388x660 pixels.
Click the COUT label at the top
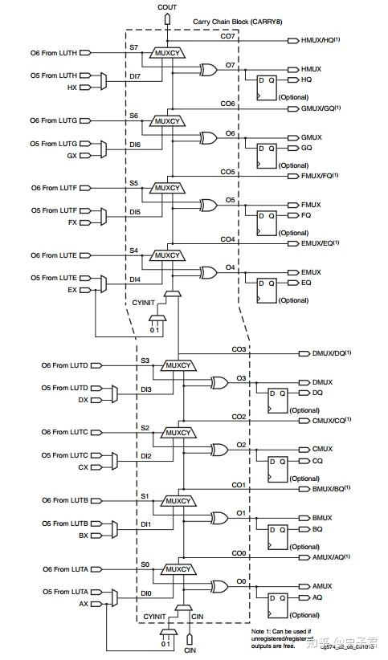(167, 6)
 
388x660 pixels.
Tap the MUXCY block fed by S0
(179, 569)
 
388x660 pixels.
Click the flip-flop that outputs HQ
(264, 86)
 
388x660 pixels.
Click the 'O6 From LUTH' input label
(52, 53)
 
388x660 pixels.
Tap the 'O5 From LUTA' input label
(63, 592)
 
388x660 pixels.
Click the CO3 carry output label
(239, 350)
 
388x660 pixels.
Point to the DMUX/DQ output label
(331, 353)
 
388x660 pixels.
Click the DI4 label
(135, 279)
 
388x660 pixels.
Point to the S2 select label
(145, 427)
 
